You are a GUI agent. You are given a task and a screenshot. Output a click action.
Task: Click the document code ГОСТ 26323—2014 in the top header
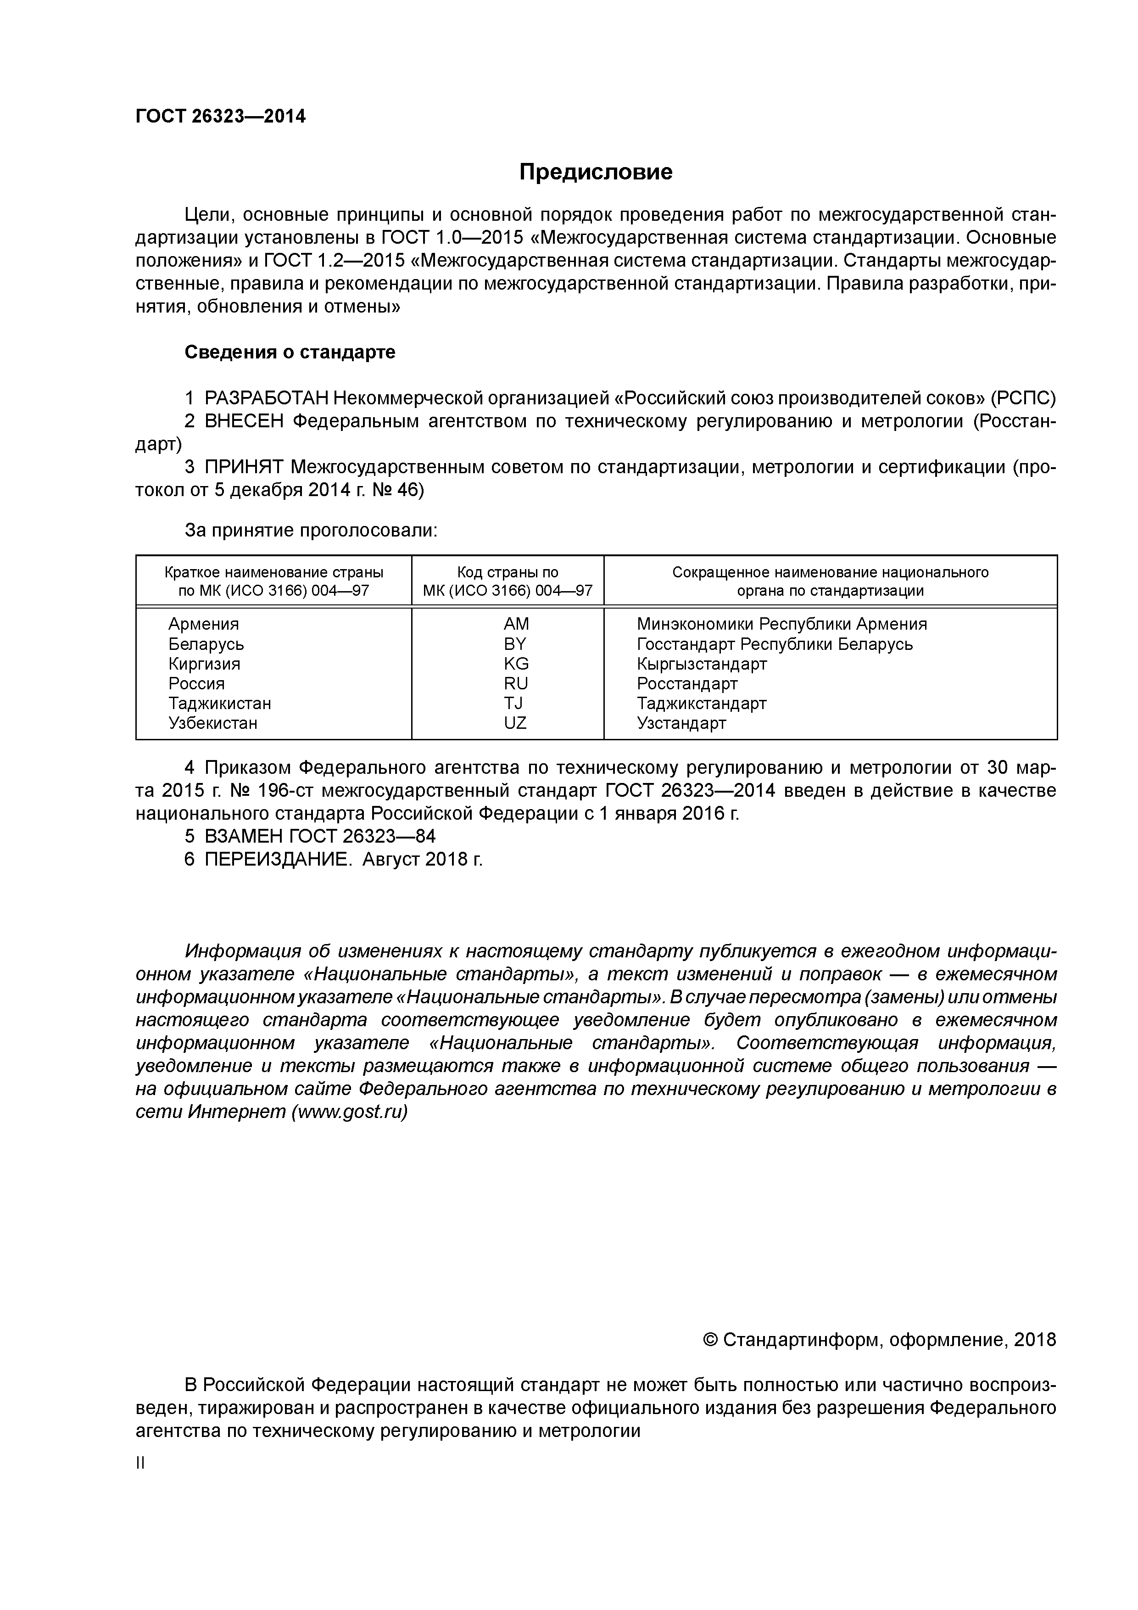pos(220,117)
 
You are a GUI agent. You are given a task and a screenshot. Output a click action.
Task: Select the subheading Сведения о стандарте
pos(290,352)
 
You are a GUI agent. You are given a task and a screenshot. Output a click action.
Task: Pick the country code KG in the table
pos(516,663)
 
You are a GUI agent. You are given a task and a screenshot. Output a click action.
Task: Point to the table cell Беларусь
pos(206,644)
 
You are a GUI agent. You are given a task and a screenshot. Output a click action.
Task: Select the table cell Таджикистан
pos(219,703)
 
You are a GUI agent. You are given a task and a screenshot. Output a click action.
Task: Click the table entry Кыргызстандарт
pos(702,663)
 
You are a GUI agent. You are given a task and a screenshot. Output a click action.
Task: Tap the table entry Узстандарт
pos(681,722)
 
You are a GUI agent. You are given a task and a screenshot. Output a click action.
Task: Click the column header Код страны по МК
pos(508,581)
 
